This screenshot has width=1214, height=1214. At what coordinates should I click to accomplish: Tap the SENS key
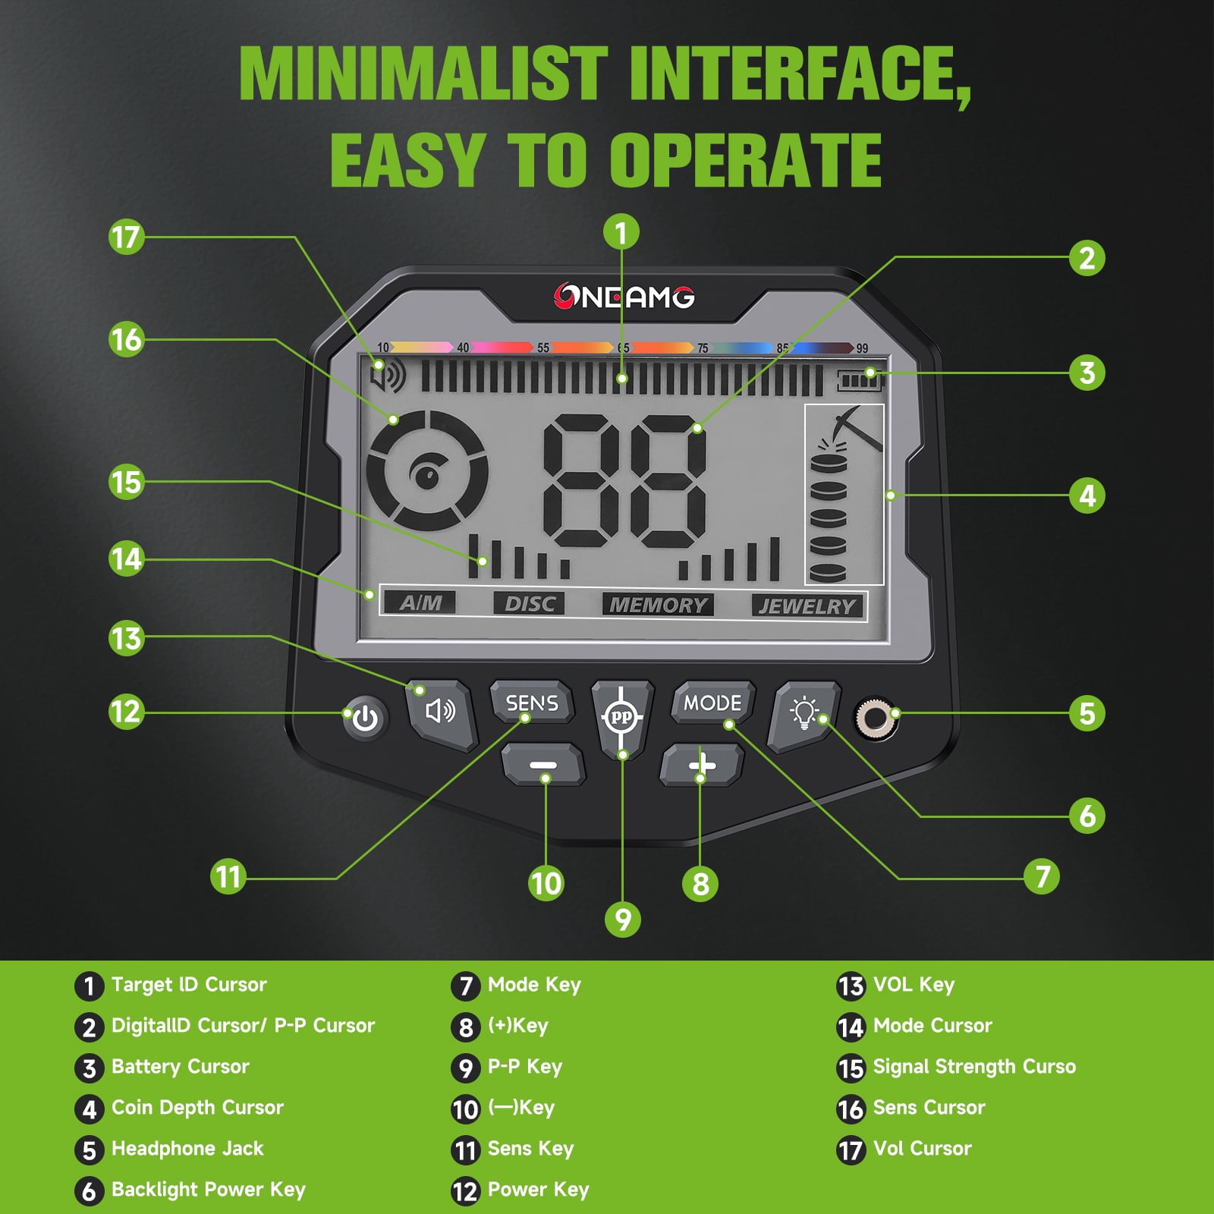[x=532, y=703]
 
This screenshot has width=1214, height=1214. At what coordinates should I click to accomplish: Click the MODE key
[x=712, y=703]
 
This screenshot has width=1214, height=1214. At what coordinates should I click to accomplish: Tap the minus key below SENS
[x=543, y=765]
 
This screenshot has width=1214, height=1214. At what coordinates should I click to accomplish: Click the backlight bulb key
[x=805, y=714]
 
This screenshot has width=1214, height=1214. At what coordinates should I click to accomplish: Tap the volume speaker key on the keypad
[x=440, y=712]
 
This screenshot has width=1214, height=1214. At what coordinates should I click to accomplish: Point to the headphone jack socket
[x=876, y=717]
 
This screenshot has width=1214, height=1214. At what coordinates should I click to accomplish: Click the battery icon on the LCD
[x=860, y=379]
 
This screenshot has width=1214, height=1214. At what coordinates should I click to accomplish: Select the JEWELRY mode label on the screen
[x=807, y=606]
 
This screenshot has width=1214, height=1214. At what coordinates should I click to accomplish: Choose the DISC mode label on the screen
[x=530, y=604]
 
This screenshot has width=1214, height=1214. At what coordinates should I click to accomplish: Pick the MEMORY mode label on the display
[x=658, y=605]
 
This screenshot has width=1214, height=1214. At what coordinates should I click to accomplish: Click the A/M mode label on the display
[x=420, y=602]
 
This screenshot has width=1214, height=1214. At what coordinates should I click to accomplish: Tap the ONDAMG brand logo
[x=624, y=297]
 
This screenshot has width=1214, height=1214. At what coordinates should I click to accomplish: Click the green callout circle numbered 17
[x=126, y=237]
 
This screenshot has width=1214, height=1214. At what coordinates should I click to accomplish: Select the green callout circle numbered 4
[x=1087, y=495]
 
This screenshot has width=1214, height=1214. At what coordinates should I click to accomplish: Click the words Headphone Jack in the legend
[x=187, y=1149]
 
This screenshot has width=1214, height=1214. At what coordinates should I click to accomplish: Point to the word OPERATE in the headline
[x=746, y=160]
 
